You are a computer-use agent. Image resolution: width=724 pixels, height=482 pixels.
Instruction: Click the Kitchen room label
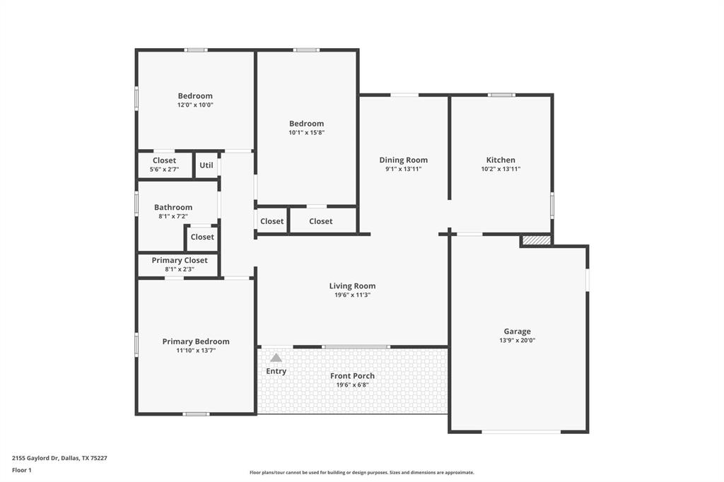point(501,160)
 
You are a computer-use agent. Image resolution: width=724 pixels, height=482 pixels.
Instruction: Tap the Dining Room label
point(403,160)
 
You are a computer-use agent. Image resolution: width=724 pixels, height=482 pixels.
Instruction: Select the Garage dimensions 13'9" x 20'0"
point(517,340)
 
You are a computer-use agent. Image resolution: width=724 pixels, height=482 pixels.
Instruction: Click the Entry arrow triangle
point(276,358)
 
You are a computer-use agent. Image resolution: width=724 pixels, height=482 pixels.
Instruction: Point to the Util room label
point(206,165)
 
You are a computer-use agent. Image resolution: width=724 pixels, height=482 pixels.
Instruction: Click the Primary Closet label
point(180,260)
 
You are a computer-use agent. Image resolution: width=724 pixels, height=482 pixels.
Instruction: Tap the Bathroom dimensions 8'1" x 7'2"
point(173,216)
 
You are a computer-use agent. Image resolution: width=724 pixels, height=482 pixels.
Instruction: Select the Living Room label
point(352,286)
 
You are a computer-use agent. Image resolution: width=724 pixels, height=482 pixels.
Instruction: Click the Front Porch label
point(352,376)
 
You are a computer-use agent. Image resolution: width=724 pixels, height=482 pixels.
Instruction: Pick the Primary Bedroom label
point(196,341)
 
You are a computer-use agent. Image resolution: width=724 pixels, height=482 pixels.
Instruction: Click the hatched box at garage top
point(537,241)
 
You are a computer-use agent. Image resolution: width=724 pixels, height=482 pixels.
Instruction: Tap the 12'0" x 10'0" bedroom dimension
point(195,105)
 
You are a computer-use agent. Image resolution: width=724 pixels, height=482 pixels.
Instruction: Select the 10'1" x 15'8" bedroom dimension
point(306,132)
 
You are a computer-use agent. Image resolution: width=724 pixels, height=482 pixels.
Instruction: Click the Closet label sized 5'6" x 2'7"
point(164,160)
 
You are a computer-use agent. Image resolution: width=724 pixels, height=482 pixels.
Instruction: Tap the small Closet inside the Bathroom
point(202,237)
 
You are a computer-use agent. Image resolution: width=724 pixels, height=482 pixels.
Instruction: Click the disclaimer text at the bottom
point(361,472)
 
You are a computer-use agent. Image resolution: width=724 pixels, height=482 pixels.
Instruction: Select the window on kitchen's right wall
point(552,204)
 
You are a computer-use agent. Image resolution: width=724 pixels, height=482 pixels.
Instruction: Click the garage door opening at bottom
point(520,432)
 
